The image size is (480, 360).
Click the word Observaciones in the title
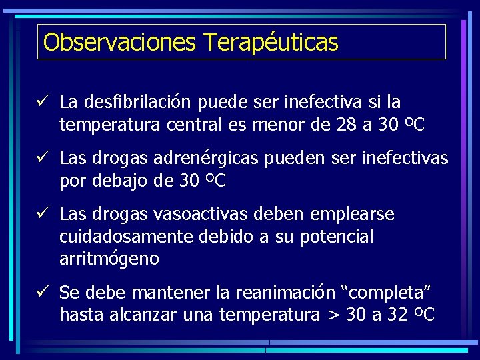click(119, 42)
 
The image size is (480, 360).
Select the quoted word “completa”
click(387, 293)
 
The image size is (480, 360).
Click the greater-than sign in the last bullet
click(334, 315)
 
